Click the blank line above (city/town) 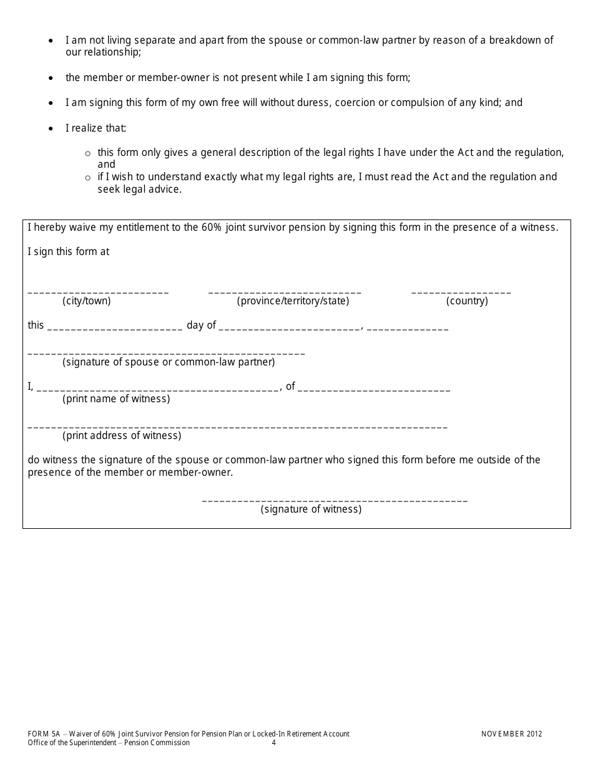(x=98, y=292)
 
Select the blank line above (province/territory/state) (x=285, y=292)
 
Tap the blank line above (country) (x=461, y=292)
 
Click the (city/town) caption (x=87, y=301)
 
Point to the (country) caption (x=467, y=301)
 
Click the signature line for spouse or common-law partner (x=166, y=353)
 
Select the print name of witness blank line (x=158, y=389)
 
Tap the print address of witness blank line (x=237, y=427)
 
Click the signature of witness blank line (x=335, y=500)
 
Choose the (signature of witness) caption (x=311, y=509)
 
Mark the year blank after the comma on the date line (x=407, y=327)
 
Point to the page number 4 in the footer (x=273, y=743)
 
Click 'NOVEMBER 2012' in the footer (x=512, y=734)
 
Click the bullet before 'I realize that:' (x=51, y=129)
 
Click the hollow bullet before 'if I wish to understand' (x=87, y=178)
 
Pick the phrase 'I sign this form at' (x=69, y=252)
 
